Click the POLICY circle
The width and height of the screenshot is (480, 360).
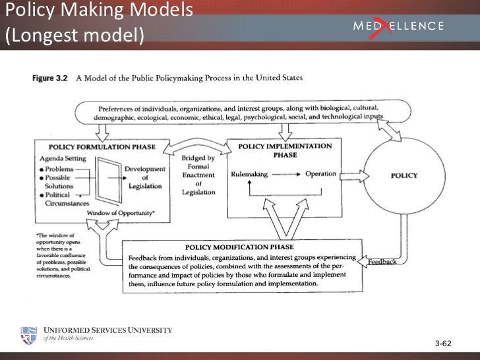tap(404, 175)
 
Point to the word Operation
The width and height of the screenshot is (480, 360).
tap(320, 174)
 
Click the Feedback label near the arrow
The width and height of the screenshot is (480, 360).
tap(382, 262)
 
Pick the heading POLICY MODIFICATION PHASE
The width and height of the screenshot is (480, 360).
tap(239, 247)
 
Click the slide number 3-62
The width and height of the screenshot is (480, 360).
tap(443, 344)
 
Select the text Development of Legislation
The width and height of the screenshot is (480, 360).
tap(144, 177)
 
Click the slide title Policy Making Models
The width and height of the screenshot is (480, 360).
tap(99, 11)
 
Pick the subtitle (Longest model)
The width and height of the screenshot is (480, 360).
tap(74, 34)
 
